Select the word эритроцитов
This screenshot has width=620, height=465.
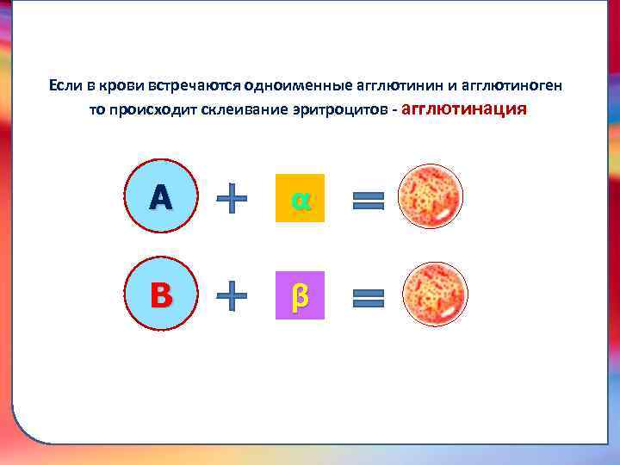(x=339, y=111)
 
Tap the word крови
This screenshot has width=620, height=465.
(x=121, y=86)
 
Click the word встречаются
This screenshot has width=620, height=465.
(x=194, y=86)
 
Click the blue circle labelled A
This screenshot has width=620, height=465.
(x=161, y=198)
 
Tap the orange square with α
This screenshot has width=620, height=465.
(x=300, y=198)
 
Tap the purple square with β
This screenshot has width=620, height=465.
(x=300, y=295)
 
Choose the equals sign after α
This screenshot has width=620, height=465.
(x=369, y=201)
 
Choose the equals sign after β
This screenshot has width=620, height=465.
(x=369, y=299)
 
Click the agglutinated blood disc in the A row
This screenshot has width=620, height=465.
(x=431, y=196)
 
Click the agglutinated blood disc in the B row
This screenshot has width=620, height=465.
(x=435, y=294)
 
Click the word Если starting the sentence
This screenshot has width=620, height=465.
(x=65, y=86)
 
